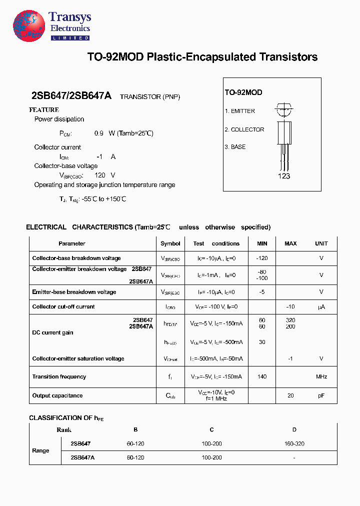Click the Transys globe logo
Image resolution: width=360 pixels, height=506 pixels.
pyautogui.click(x=29, y=25)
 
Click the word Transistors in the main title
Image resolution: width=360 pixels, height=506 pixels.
pyautogui.click(x=288, y=57)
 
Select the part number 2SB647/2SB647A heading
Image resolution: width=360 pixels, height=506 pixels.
pyautogui.click(x=71, y=96)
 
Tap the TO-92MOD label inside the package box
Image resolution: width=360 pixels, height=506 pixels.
pyautogui.click(x=243, y=92)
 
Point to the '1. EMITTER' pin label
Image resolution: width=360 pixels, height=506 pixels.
pyautogui.click(x=239, y=111)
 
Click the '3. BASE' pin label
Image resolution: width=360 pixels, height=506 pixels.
pyautogui.click(x=235, y=147)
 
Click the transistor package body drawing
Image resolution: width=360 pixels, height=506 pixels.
pyautogui.click(x=283, y=132)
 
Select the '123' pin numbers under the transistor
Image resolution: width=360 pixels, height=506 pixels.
pyautogui.click(x=283, y=176)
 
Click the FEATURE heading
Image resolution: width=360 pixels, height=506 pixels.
pyautogui.click(x=44, y=109)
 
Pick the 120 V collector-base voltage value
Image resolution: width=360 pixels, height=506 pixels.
pyautogui.click(x=104, y=175)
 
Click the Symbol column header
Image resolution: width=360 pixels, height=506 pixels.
pyautogui.click(x=170, y=243)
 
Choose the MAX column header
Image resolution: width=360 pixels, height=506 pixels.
pyautogui.click(x=290, y=243)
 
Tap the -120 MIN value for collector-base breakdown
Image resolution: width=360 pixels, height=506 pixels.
pyautogui.click(x=262, y=258)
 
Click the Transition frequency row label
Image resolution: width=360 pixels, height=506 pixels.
pyautogui.click(x=59, y=376)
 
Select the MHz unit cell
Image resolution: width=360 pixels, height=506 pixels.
pyautogui.click(x=321, y=376)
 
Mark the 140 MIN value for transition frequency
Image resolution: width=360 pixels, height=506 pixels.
pyautogui.click(x=262, y=376)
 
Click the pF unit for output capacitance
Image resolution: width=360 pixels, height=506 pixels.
pyautogui.click(x=321, y=395)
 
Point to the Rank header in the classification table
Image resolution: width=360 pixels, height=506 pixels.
pyautogui.click(x=64, y=429)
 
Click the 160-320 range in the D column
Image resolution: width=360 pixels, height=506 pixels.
pyautogui.click(x=294, y=443)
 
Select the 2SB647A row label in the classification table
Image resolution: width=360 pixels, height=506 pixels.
pyautogui.click(x=82, y=457)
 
